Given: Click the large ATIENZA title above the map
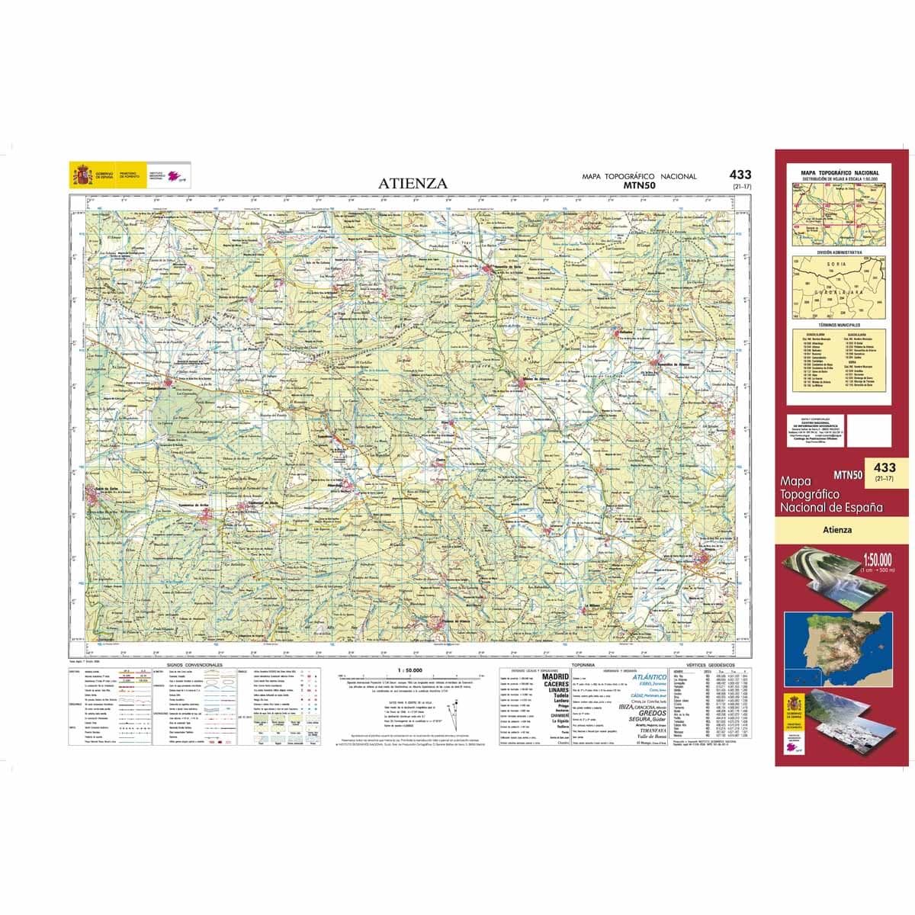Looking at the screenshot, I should click(x=413, y=183).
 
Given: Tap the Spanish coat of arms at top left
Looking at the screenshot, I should click(x=80, y=175).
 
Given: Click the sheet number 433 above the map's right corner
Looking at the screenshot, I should click(x=740, y=175).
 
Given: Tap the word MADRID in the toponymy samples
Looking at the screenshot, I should click(x=555, y=676).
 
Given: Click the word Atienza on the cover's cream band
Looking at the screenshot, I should click(x=836, y=530).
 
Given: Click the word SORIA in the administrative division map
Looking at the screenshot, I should click(x=836, y=267).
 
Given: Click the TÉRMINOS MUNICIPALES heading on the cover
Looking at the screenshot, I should click(x=840, y=324).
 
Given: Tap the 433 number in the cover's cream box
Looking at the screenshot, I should click(x=884, y=467).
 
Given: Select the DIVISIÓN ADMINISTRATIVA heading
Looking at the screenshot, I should click(x=840, y=251).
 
